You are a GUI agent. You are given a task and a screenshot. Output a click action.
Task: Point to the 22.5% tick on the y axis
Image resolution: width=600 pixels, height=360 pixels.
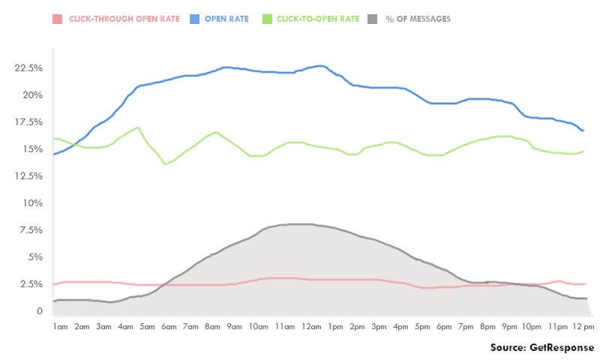(29, 67)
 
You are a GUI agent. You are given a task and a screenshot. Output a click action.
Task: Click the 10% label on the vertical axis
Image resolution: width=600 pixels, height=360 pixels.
(34, 202)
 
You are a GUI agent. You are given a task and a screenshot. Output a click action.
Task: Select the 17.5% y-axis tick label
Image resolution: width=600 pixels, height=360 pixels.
(29, 121)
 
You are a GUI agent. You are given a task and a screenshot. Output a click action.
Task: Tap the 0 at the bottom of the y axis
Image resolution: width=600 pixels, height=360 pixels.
(39, 310)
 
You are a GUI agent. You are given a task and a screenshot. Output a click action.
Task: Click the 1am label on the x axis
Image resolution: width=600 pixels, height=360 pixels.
(61, 327)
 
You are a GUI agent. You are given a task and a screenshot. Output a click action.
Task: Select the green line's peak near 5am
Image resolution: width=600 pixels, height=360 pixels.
(137, 127)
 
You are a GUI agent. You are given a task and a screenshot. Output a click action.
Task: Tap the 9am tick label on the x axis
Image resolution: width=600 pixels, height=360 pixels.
(235, 327)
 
